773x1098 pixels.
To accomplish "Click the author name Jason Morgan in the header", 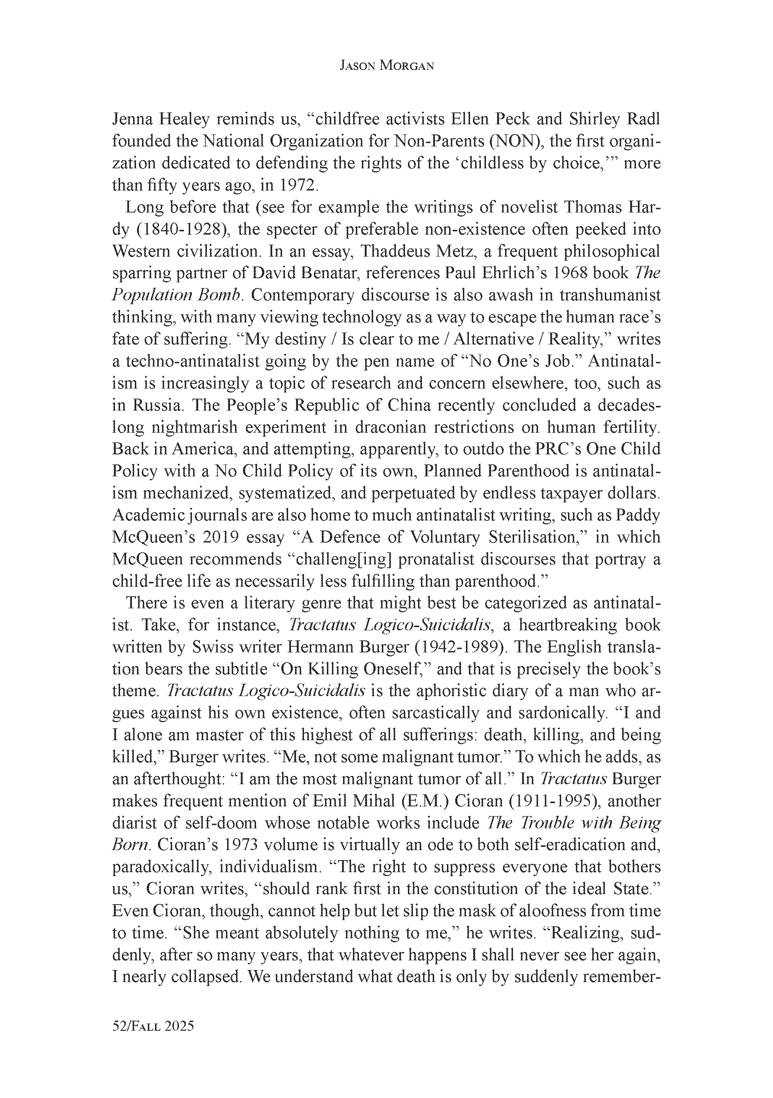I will point(386,66).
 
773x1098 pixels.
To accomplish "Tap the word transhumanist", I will point(610,296).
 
